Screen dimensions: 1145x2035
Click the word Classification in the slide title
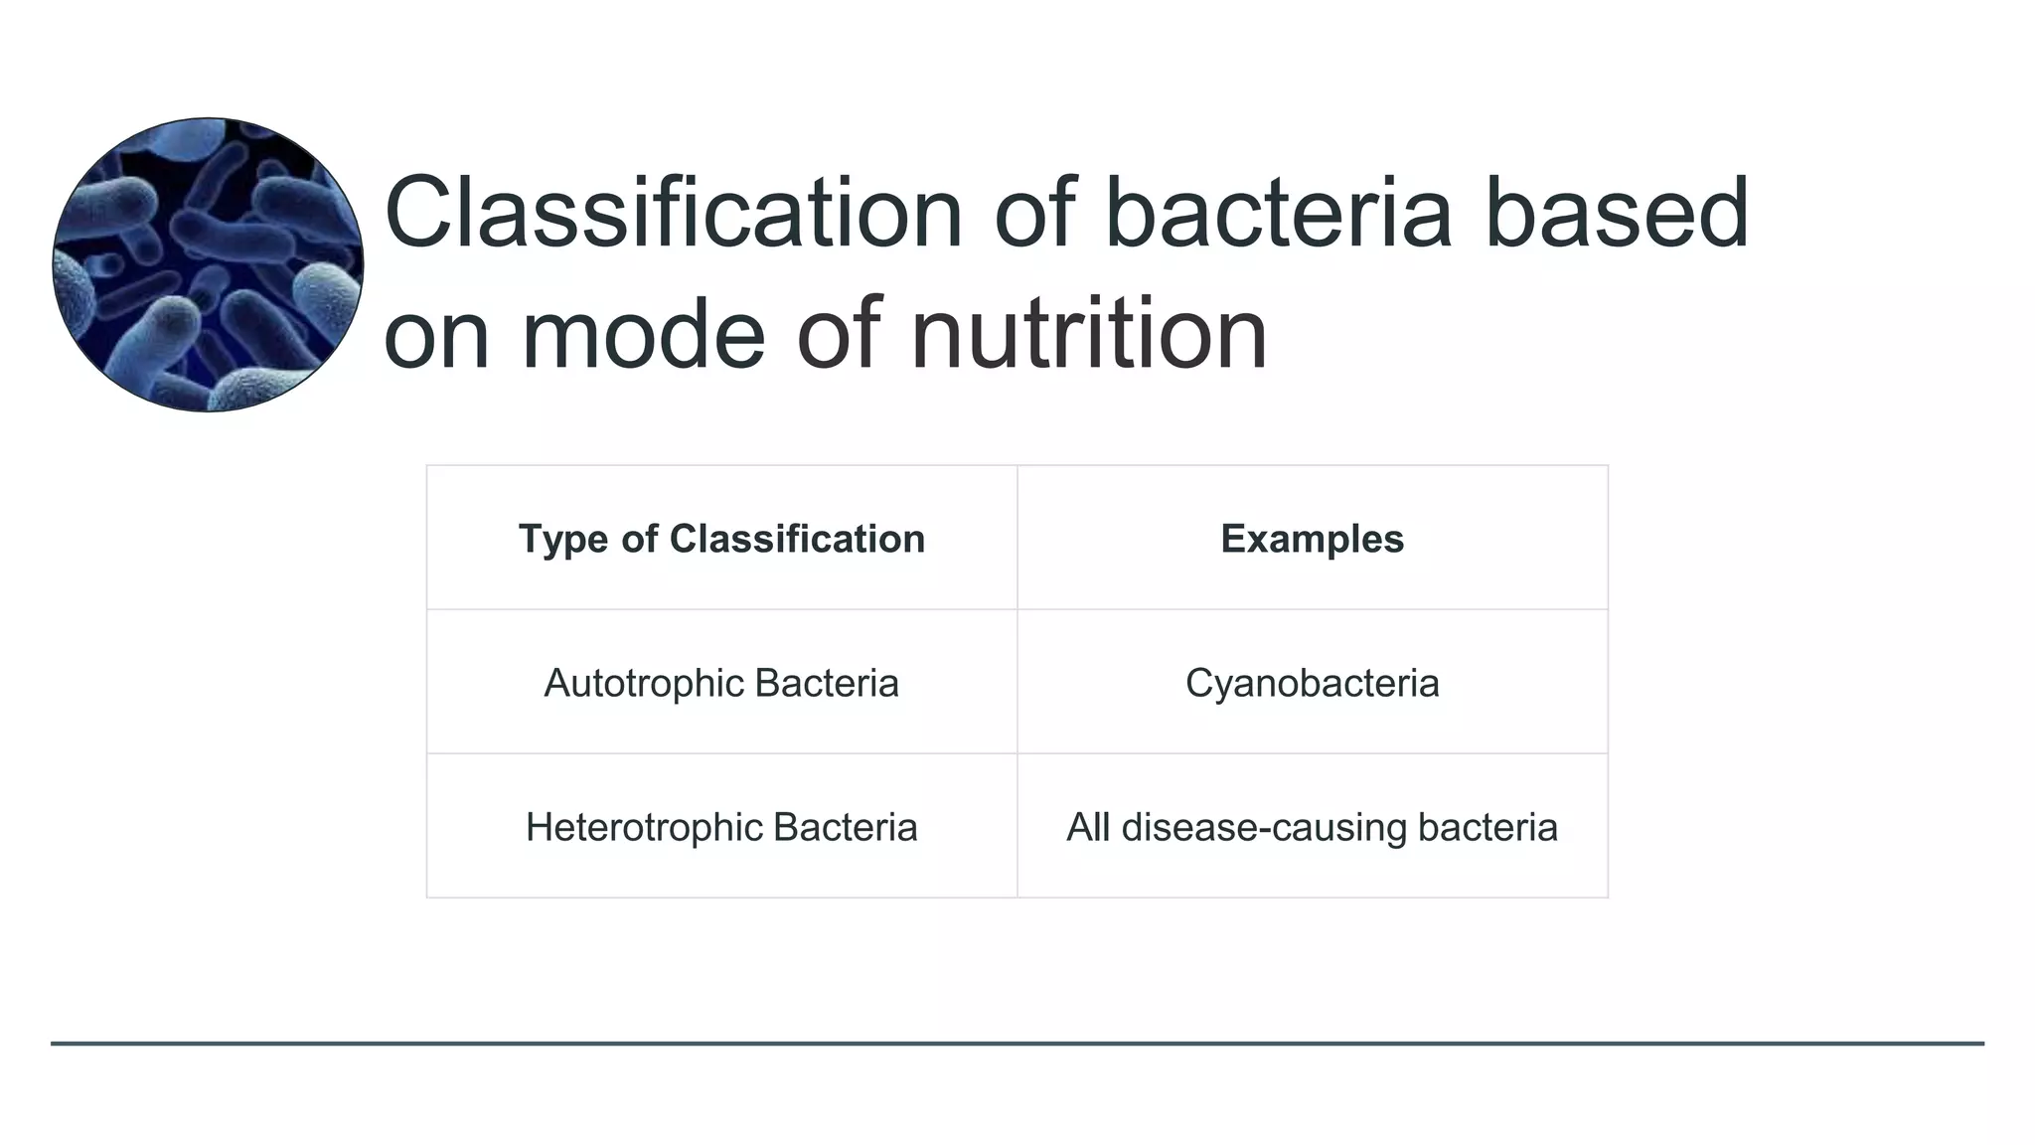click(x=673, y=213)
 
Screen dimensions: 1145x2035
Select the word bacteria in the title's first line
click(x=1278, y=213)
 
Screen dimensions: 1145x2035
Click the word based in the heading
click(x=1617, y=213)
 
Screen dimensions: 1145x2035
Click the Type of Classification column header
click(x=721, y=539)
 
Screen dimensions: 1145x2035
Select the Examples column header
click(x=1312, y=539)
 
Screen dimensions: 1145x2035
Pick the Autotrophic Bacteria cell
click(x=721, y=683)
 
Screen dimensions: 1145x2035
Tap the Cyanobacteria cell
click(x=1312, y=683)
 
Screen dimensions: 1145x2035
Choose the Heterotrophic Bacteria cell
click(x=721, y=827)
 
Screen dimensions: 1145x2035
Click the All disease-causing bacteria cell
click(x=1312, y=827)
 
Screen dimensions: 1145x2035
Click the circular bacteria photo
click(x=208, y=264)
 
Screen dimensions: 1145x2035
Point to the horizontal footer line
click(x=1017, y=1044)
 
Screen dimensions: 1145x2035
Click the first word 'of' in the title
click(x=1033, y=213)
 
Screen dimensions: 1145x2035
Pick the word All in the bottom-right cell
click(x=1087, y=827)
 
